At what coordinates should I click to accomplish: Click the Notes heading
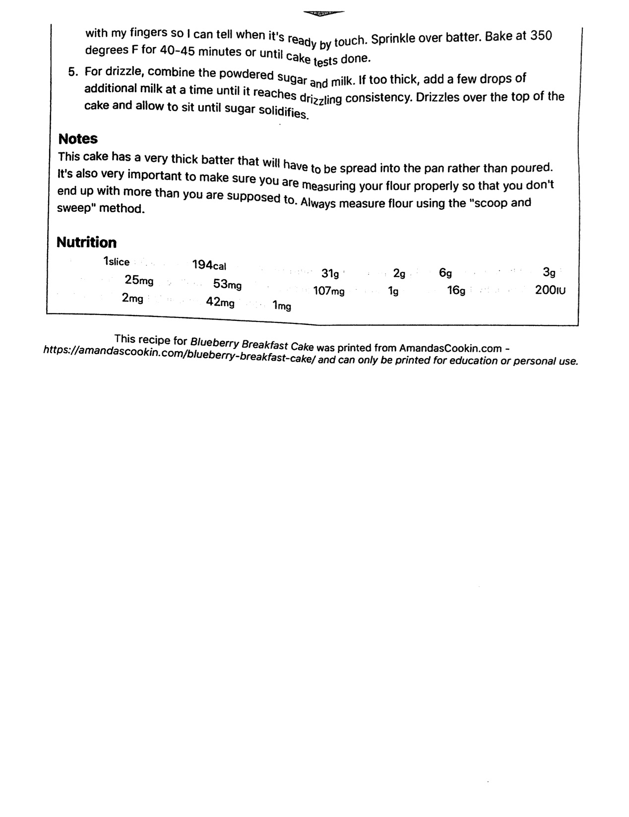78,139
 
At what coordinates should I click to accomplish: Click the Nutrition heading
86,243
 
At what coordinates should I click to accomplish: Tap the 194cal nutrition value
209,265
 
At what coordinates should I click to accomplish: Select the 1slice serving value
116,261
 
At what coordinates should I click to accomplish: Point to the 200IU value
550,290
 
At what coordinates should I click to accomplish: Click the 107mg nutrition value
328,291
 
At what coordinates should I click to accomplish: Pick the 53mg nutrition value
227,284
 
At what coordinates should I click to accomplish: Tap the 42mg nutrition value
220,302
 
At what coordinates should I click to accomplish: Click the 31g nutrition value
330,273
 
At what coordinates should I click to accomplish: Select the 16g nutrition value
456,290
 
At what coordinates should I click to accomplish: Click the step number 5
73,72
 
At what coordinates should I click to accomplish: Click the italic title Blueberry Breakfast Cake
252,343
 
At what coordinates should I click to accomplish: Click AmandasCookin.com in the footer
450,348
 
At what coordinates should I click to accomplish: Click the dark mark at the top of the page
322,13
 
